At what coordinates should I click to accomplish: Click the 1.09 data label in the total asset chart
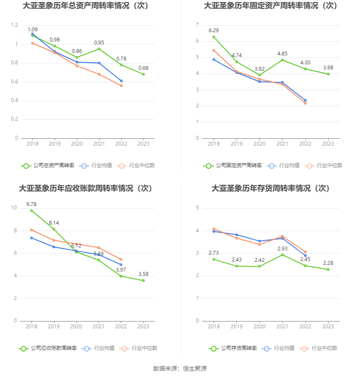click(33, 30)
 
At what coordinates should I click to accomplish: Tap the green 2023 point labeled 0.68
click(144, 74)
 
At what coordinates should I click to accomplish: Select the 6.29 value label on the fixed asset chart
click(214, 30)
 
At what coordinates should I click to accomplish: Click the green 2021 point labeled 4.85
click(282, 60)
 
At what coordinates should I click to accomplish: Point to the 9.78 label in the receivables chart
click(31, 204)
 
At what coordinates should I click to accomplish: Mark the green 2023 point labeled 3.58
click(144, 281)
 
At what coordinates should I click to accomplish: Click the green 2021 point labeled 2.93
click(282, 255)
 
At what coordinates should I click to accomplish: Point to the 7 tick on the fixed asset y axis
click(197, 25)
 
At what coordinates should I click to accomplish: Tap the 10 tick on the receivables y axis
click(14, 208)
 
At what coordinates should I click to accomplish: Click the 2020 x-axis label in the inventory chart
click(260, 326)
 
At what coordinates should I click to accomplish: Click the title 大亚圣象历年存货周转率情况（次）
click(271, 188)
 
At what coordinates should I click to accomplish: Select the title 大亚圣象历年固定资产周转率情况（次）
click(271, 6)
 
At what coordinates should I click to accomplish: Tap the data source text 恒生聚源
click(194, 369)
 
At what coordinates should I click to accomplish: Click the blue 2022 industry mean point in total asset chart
click(121, 81)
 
